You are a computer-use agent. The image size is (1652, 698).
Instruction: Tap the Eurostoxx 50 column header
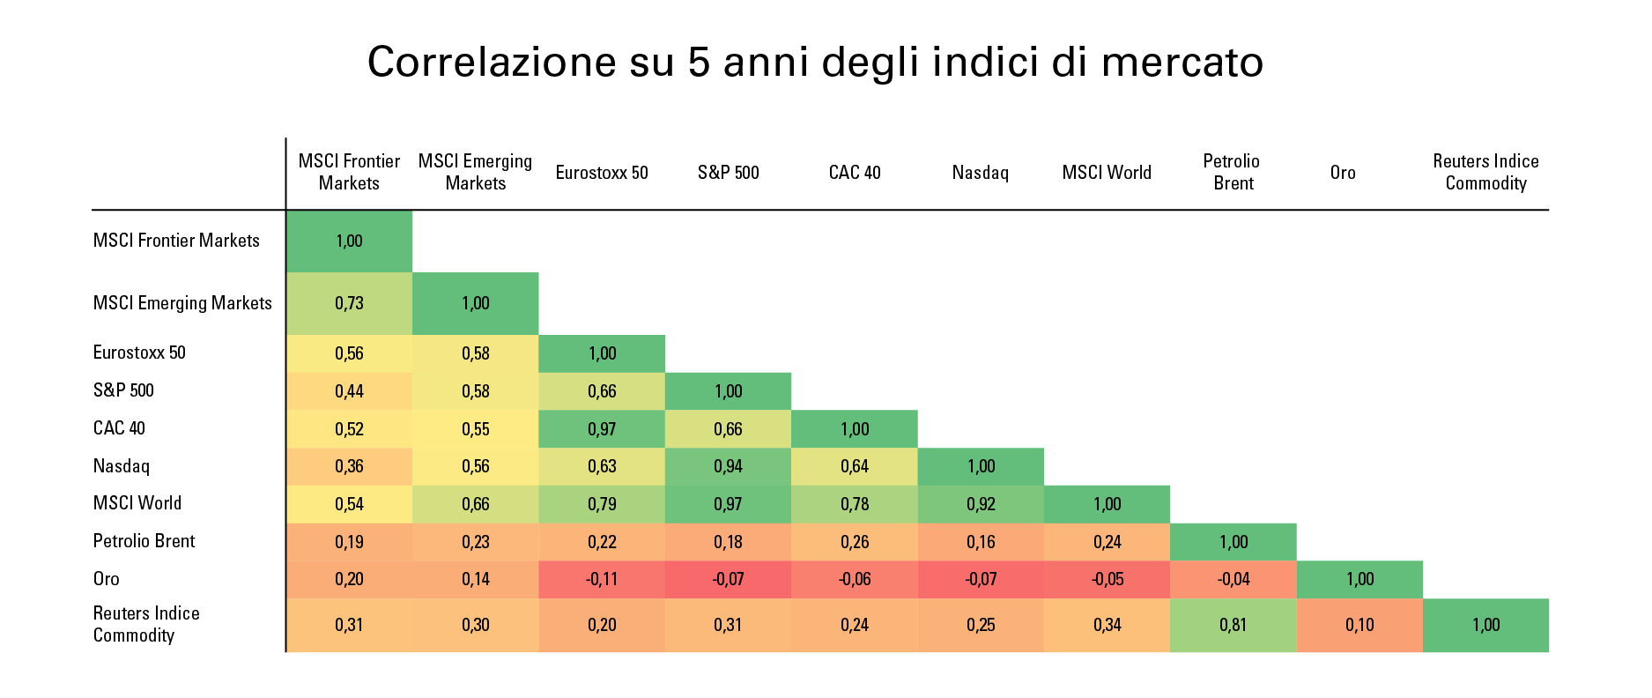pyautogui.click(x=602, y=173)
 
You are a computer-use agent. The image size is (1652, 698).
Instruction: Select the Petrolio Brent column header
pyautogui.click(x=1232, y=172)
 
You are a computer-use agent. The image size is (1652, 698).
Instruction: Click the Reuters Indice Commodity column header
pyautogui.click(x=1485, y=172)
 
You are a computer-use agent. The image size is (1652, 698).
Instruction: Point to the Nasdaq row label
pyautogui.click(x=122, y=466)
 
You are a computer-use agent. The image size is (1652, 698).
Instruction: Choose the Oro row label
pyautogui.click(x=107, y=579)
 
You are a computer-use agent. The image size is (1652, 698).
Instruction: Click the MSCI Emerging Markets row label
pyautogui.click(x=182, y=303)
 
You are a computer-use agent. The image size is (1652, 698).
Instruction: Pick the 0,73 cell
pyautogui.click(x=349, y=303)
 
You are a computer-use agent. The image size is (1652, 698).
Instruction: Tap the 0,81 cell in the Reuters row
pyautogui.click(x=1233, y=625)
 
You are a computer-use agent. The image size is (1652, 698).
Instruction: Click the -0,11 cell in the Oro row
pyautogui.click(x=602, y=579)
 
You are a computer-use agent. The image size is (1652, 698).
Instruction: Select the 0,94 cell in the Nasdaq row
pyautogui.click(x=728, y=466)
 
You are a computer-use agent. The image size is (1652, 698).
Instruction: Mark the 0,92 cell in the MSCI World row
pyautogui.click(x=981, y=504)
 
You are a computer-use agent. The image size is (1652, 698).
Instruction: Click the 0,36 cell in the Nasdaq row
pyautogui.click(x=349, y=466)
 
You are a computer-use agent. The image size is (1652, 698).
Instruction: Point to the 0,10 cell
pyautogui.click(x=1359, y=625)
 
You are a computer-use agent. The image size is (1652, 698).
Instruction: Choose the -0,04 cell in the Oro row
pyautogui.click(x=1233, y=579)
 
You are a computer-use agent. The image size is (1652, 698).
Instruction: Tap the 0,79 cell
pyautogui.click(x=602, y=504)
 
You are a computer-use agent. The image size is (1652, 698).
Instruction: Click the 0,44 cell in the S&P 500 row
pyautogui.click(x=349, y=391)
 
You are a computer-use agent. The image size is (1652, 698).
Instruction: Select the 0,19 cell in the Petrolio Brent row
pyautogui.click(x=349, y=542)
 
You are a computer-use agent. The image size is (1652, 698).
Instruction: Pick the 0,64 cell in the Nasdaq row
pyautogui.click(x=854, y=466)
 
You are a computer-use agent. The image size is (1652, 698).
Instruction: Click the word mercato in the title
pyautogui.click(x=1182, y=62)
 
